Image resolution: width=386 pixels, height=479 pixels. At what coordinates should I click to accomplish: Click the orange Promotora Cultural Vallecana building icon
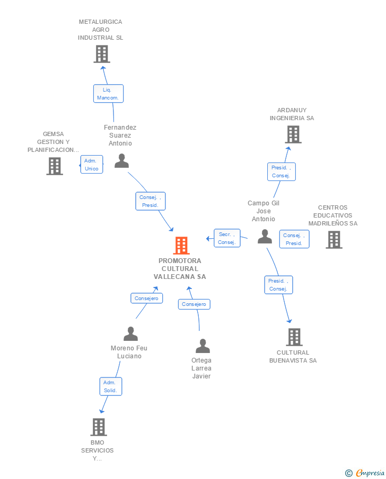181,246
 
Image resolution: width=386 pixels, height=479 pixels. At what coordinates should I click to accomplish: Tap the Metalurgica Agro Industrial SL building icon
102,54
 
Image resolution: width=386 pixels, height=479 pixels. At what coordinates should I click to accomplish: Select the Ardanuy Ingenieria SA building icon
293,134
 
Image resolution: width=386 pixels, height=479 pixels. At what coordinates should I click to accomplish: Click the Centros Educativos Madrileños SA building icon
334,240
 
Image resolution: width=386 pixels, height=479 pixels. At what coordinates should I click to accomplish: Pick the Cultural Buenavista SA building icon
294,337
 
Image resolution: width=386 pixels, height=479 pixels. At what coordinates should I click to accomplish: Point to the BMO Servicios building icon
99,427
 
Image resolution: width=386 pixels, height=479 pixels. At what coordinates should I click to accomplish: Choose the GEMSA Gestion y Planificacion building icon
55,166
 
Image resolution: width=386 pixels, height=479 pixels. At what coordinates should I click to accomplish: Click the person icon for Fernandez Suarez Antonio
121,161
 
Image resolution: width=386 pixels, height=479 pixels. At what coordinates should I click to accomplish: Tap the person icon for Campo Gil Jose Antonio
265,237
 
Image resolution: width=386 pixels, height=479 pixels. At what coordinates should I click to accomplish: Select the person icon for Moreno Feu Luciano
131,333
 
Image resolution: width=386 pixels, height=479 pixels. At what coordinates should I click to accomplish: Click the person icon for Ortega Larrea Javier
203,346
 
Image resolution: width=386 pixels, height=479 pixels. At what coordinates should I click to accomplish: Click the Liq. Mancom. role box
108,94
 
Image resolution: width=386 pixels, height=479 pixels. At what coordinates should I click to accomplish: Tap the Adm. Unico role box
92,165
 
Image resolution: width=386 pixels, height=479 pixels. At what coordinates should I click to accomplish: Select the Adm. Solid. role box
111,386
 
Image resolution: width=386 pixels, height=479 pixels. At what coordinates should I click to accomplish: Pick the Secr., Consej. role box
227,238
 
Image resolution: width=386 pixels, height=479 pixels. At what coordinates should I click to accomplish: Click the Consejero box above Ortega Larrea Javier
194,304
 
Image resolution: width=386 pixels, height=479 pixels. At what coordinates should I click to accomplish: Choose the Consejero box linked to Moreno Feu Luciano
147,298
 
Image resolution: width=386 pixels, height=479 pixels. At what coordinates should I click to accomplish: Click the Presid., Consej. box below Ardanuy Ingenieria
282,171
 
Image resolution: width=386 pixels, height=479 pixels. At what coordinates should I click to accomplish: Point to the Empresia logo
365,473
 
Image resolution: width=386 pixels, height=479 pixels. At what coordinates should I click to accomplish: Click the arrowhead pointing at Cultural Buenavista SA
289,321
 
